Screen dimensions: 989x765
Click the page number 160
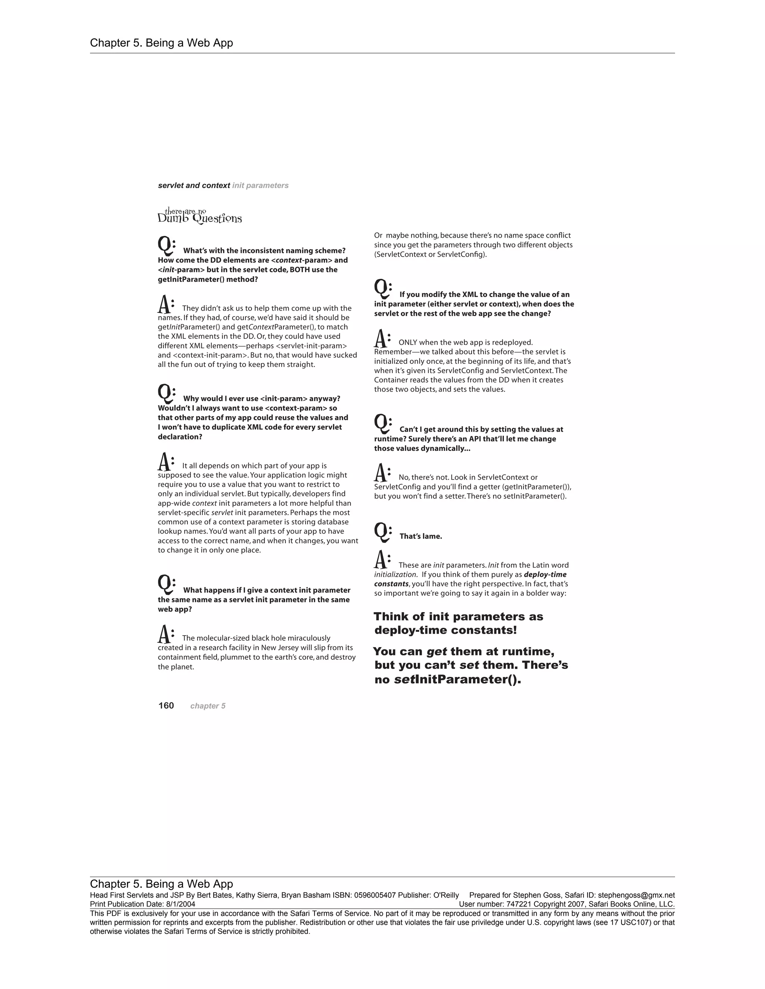166,705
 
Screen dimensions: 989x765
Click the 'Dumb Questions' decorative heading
199,216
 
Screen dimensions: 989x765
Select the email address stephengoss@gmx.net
636,895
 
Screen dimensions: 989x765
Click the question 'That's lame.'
421,536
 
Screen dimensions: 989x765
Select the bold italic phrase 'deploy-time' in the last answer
545,575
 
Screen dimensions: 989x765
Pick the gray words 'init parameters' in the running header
260,185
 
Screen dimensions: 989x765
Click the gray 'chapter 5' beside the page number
208,706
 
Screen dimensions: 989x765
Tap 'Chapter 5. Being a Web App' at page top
161,43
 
